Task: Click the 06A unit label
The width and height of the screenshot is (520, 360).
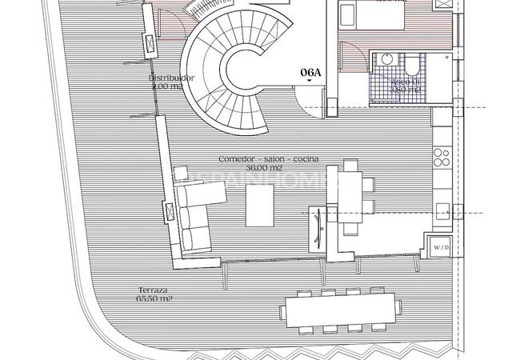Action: tap(310, 72)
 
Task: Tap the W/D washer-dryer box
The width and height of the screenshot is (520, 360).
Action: tap(440, 247)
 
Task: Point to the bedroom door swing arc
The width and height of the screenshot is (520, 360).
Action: tap(348, 56)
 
